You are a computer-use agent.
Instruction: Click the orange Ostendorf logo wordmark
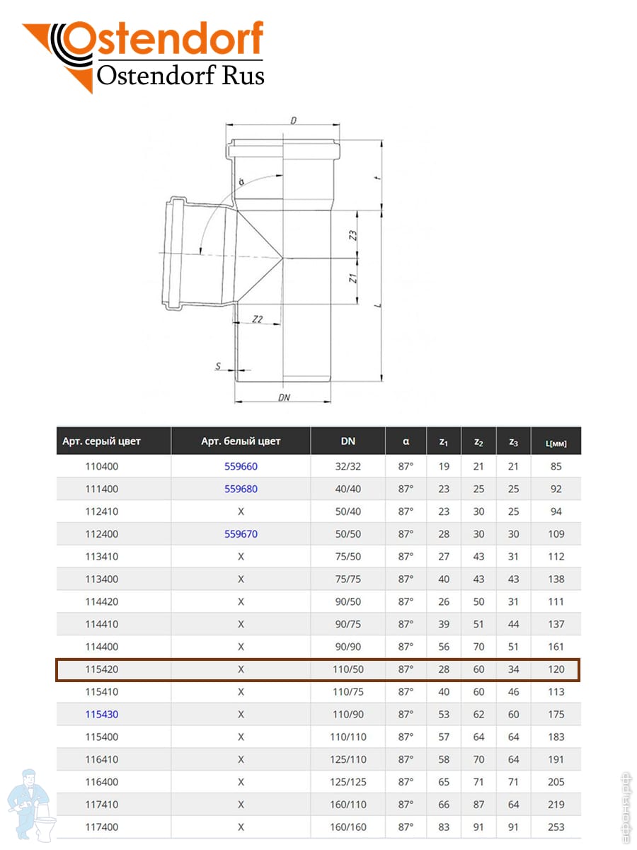pos(163,41)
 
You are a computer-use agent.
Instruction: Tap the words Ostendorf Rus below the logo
pos(180,75)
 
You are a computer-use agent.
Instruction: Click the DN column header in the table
pos(348,441)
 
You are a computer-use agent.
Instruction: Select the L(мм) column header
pos(556,443)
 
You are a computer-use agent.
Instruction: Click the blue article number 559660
pos(241,466)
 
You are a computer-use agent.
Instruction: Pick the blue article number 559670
pos(241,534)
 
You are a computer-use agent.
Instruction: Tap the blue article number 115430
pos(101,714)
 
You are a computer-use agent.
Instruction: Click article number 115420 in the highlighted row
pos(101,669)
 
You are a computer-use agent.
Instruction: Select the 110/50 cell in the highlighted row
pos(348,669)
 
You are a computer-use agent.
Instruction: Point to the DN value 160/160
pos(348,827)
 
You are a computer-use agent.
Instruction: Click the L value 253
pos(556,827)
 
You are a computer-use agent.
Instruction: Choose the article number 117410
pos(101,805)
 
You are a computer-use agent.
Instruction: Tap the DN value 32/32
pos(348,466)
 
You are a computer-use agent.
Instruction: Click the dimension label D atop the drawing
pos(293,120)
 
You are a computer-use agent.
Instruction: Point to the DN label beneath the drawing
pos(284,397)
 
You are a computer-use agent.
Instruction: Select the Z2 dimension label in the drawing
pos(258,319)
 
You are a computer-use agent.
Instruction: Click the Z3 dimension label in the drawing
pos(353,236)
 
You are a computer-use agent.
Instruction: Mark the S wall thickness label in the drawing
pos(219,366)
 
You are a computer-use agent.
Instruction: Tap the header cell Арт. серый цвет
pos(101,441)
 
